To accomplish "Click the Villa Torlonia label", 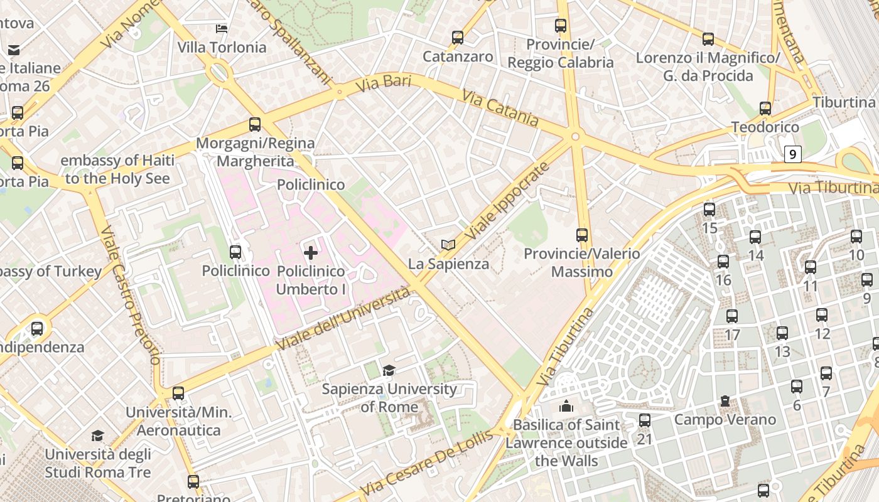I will click(222, 48).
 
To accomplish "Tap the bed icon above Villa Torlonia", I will click(222, 28).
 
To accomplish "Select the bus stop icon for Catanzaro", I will click(458, 38).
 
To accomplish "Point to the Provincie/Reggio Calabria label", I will click(560, 53).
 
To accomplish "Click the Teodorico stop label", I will click(765, 127).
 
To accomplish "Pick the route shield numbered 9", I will click(793, 154).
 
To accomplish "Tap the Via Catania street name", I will click(500, 108).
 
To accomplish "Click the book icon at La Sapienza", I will click(448, 245).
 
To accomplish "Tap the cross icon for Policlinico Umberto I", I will click(311, 253).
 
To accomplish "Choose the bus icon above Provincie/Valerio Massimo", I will click(582, 235).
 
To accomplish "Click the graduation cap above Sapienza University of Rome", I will click(389, 370).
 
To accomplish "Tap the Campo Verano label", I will click(725, 420).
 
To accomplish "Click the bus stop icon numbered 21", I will click(645, 420).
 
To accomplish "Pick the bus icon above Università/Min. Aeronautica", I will click(178, 393).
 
